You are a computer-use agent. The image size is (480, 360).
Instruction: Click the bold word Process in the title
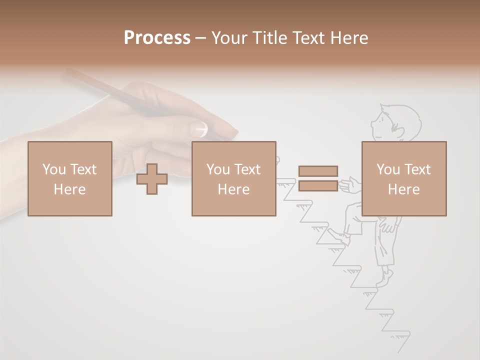pos(157,38)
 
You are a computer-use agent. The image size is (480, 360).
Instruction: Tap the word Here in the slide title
pos(347,38)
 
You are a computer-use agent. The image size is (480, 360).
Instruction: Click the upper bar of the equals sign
pos(318,171)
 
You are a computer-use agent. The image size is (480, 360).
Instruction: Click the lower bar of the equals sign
pos(318,186)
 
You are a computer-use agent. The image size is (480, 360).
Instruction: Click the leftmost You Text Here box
pos(70,178)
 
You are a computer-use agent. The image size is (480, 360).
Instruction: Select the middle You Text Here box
pos(233,178)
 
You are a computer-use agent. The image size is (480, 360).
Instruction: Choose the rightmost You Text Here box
pos(404,178)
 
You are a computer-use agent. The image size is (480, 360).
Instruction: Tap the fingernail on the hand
pos(198,128)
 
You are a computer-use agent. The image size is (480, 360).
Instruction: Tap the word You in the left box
pos(53,169)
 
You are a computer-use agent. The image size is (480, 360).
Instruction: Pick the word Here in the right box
pos(404,189)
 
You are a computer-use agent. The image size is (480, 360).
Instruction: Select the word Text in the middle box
pos(247,169)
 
